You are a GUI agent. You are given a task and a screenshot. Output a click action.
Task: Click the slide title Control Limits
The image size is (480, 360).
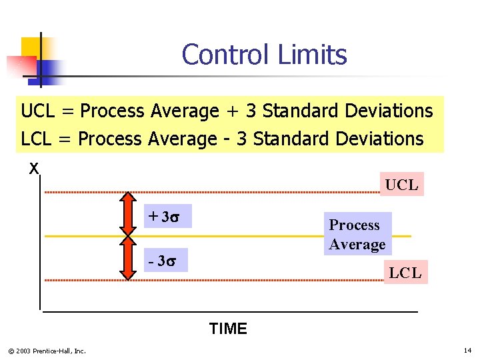tap(264, 55)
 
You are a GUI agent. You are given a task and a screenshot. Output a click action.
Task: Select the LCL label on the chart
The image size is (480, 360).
tap(405, 272)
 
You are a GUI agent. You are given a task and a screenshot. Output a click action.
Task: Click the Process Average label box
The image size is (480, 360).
tap(357, 235)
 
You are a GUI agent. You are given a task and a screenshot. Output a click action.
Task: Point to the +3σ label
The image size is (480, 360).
tap(167, 217)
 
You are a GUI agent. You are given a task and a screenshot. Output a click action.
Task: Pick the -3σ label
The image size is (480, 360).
tap(166, 259)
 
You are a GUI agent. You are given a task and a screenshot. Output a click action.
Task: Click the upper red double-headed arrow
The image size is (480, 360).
tap(127, 215)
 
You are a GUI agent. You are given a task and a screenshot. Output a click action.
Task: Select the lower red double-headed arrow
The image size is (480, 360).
tap(127, 259)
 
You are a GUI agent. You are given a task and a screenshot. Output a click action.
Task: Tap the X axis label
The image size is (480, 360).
tap(33, 169)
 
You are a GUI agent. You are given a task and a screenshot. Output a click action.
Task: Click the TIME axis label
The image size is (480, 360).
tap(228, 329)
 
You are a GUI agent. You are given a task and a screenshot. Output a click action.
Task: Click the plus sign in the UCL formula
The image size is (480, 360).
tap(231, 111)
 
